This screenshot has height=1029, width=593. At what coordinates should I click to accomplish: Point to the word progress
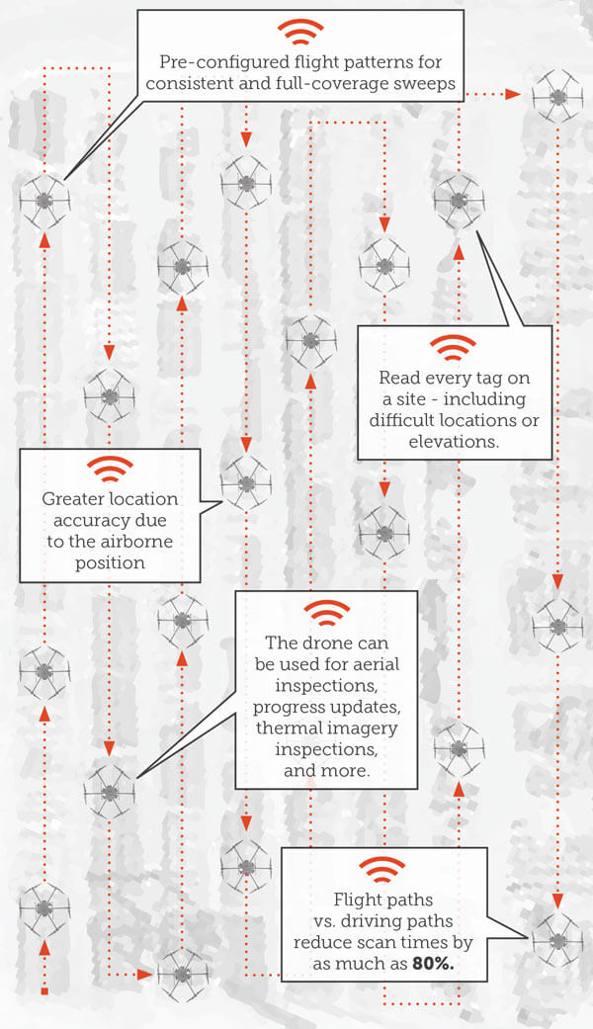(288, 708)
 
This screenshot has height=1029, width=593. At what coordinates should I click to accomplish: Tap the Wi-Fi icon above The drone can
(325, 612)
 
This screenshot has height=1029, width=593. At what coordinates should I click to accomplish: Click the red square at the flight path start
(43, 989)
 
